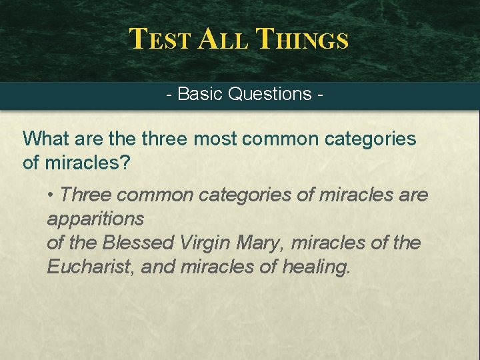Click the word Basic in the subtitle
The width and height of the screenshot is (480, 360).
click(200, 94)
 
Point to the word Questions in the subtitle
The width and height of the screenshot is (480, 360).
click(269, 94)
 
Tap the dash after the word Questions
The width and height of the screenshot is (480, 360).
click(322, 95)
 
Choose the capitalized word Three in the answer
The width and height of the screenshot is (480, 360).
click(85, 195)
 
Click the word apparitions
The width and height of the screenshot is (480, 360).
click(95, 219)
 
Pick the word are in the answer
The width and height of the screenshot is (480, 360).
click(413, 195)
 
